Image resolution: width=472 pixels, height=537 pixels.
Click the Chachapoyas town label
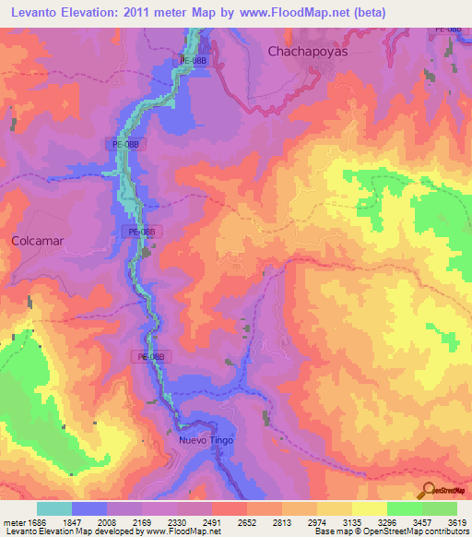tap(307, 52)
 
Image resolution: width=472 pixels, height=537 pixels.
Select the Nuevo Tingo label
tap(206, 440)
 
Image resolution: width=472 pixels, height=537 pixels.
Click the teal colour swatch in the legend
tap(54, 508)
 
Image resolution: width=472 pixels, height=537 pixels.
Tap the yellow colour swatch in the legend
tap(369, 508)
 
